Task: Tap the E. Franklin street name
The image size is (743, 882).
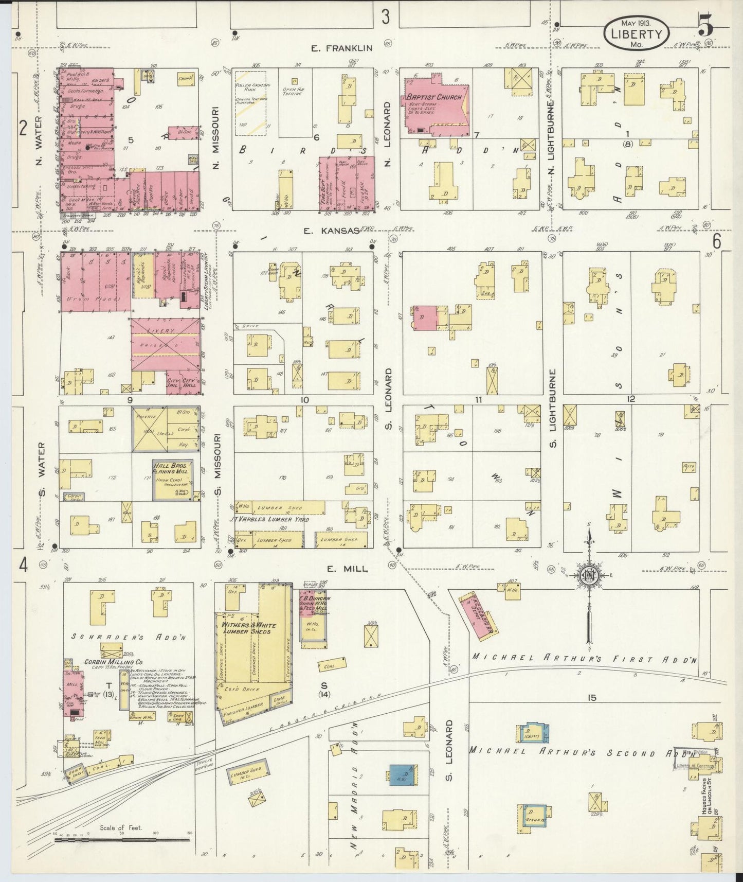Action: (341, 48)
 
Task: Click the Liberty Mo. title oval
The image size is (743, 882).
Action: (636, 33)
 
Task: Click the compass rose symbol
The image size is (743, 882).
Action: (589, 575)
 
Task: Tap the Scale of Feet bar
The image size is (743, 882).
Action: (122, 839)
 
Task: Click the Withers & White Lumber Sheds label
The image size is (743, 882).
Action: (249, 628)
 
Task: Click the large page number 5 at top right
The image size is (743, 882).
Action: (706, 26)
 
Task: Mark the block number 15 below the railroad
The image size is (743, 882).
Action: (592, 698)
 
